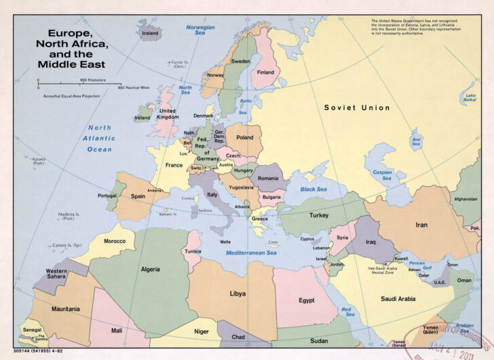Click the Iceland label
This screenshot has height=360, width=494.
[149, 33]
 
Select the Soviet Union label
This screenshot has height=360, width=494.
[357, 108]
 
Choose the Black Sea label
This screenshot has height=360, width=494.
[313, 190]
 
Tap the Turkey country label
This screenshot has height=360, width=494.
[319, 215]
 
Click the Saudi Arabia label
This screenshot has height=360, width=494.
[398, 299]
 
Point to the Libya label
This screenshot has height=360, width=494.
[237, 294]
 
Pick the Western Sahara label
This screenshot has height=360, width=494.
[56, 274]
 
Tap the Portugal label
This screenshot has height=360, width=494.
[107, 196]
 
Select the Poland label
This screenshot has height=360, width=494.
[244, 137]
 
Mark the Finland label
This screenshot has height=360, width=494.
[265, 73]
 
